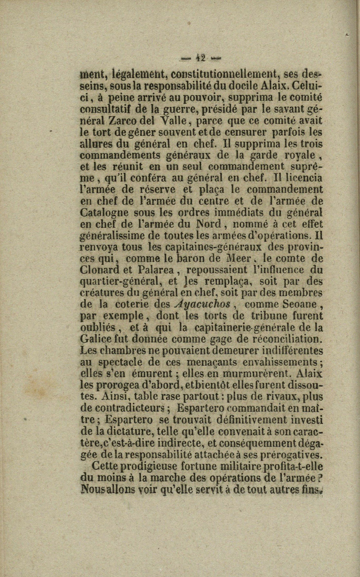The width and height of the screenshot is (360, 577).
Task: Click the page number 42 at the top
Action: tap(201, 58)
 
